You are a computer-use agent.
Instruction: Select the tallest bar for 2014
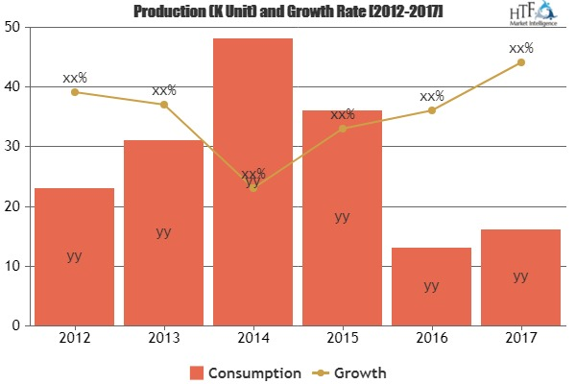(252, 182)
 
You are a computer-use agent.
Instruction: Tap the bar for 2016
(431, 286)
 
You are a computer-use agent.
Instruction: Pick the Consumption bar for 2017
(520, 277)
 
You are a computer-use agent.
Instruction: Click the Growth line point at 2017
(520, 62)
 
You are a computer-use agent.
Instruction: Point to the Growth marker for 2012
(74, 92)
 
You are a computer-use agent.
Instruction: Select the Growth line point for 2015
(342, 128)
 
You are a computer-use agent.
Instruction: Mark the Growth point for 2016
(431, 110)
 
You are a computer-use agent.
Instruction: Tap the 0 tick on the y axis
(17, 325)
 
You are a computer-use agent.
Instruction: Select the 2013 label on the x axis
(163, 339)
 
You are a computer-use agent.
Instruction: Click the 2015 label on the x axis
(342, 339)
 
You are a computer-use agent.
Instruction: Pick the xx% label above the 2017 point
(520, 47)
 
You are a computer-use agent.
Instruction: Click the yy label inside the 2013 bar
(163, 232)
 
